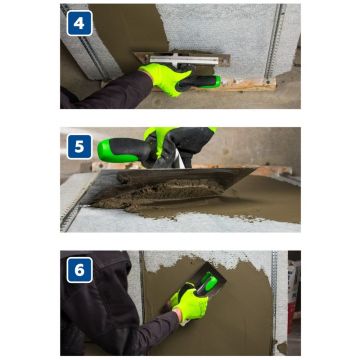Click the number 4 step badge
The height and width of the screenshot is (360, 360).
(80, 22)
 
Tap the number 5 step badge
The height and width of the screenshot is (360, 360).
(80, 147)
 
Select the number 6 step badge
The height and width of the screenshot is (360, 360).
(80, 271)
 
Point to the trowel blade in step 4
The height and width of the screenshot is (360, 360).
(180, 60)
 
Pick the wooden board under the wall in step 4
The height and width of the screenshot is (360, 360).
(250, 87)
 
